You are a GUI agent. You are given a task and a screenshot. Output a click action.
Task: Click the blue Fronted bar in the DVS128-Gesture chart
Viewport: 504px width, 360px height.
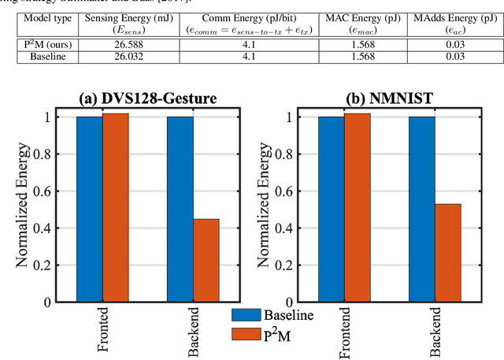89,209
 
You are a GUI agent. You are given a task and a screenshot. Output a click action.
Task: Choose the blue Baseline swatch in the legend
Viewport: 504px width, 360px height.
250,315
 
